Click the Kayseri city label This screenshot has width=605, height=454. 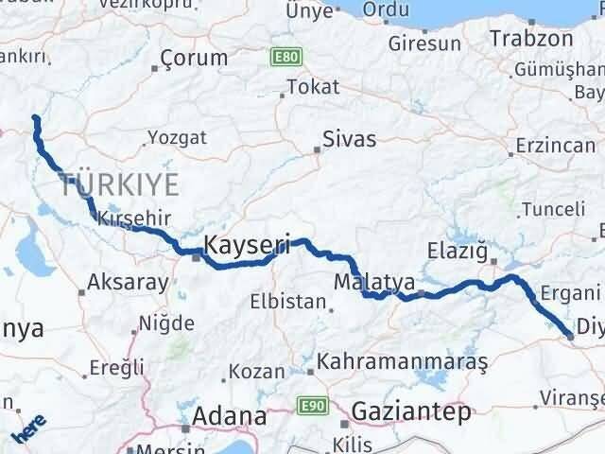point(248,244)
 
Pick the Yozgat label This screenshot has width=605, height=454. point(177,138)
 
